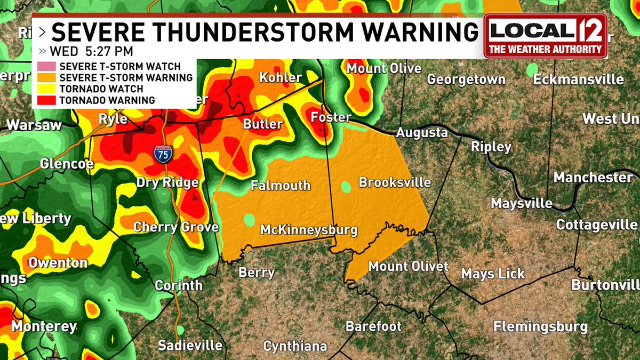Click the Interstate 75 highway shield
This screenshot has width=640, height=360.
(x=163, y=153)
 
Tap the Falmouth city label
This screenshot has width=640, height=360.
(x=281, y=186)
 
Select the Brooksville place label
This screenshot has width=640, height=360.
(x=395, y=182)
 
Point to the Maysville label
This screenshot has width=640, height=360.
(x=522, y=203)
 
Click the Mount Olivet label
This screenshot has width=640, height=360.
(x=409, y=266)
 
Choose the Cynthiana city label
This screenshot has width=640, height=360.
(x=295, y=346)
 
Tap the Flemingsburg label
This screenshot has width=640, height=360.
(x=540, y=326)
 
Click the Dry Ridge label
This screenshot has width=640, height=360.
(x=167, y=183)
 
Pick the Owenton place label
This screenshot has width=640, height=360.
(x=58, y=263)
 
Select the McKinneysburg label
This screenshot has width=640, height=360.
(x=309, y=230)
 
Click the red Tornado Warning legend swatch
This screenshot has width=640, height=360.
(x=46, y=100)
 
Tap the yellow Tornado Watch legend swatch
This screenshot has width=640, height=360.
(x=46, y=89)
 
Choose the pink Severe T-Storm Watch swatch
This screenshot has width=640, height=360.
(x=46, y=67)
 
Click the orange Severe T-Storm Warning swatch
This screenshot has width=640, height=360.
(x=46, y=78)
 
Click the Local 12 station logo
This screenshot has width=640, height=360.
(x=545, y=36)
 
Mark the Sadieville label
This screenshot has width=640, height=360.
(x=190, y=345)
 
